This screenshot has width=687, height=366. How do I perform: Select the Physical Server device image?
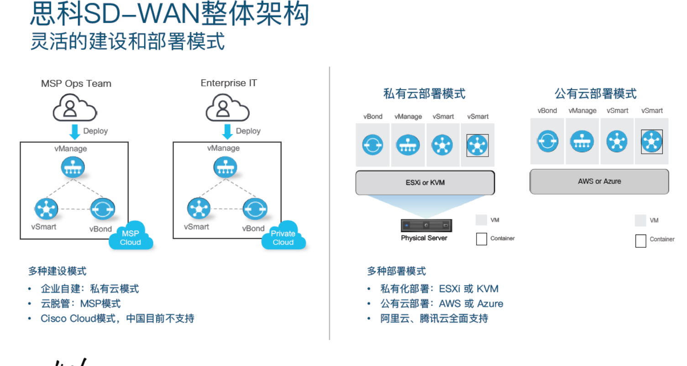point(426,225)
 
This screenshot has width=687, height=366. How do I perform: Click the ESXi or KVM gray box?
point(425,183)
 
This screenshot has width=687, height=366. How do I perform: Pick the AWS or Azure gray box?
point(599,181)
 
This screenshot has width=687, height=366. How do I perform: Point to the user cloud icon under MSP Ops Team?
point(75,108)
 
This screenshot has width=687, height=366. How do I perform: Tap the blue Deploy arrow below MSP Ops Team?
point(74,131)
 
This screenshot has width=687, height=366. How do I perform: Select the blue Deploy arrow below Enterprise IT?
point(227,131)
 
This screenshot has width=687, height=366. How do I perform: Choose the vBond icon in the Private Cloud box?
point(254,209)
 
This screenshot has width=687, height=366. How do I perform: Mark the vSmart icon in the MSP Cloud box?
point(46,209)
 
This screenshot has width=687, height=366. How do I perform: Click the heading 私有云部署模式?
point(424,94)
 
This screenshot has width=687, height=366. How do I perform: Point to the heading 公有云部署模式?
point(595,94)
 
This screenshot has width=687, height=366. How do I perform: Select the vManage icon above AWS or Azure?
point(582,141)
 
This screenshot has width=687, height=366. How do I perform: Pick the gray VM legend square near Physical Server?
point(481,220)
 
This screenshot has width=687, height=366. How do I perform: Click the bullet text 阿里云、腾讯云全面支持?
point(434,319)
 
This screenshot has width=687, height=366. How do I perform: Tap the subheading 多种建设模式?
point(57,271)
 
